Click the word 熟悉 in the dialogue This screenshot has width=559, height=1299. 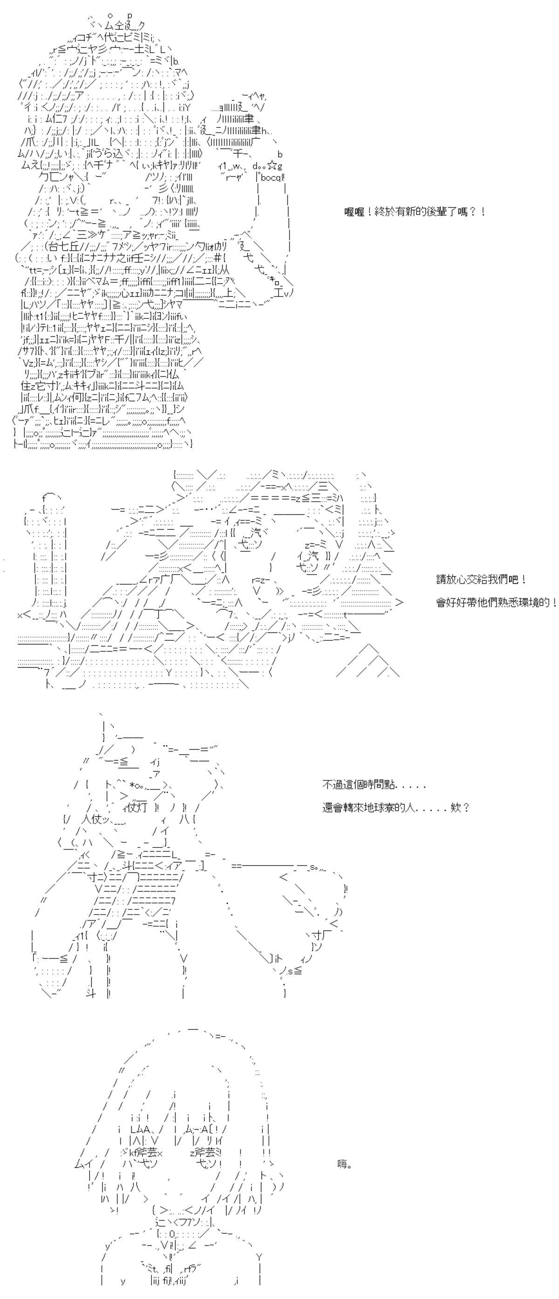coord(505,603)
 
